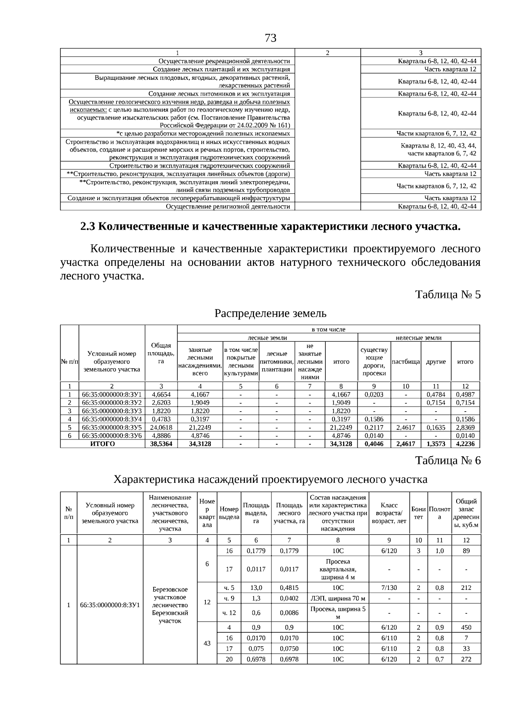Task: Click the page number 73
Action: (x=271, y=38)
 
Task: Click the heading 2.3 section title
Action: (x=270, y=226)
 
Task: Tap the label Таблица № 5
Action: (x=448, y=294)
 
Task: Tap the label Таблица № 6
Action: (x=448, y=460)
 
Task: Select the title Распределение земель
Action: (x=270, y=313)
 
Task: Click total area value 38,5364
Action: (x=161, y=444)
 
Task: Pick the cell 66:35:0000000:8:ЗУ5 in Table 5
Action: (x=112, y=427)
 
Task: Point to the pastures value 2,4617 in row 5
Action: (x=406, y=427)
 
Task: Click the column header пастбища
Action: (x=406, y=362)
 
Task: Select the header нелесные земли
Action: (x=418, y=337)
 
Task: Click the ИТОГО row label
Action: (x=103, y=444)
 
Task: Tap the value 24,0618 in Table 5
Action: (x=161, y=427)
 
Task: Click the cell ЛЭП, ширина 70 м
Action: (x=338, y=598)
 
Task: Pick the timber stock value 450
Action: (x=466, y=627)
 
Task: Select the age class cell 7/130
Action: (x=389, y=587)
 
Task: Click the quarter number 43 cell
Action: (x=207, y=643)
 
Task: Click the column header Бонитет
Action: (x=418, y=513)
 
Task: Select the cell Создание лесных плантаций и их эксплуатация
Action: (x=221, y=70)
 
